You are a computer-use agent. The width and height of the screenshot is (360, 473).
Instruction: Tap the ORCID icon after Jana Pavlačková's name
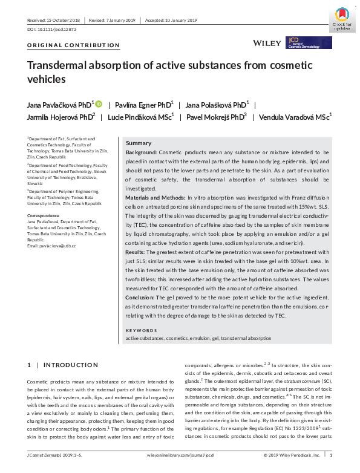click(x=99, y=104)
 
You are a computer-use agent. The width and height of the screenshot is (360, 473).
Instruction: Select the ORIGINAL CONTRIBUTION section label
click(x=74, y=45)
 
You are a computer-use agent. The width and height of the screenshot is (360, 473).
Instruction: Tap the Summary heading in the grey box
click(x=139, y=143)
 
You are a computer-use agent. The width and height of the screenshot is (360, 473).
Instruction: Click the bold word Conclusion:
click(x=143, y=298)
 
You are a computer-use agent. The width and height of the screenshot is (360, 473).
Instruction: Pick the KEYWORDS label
click(x=143, y=330)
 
